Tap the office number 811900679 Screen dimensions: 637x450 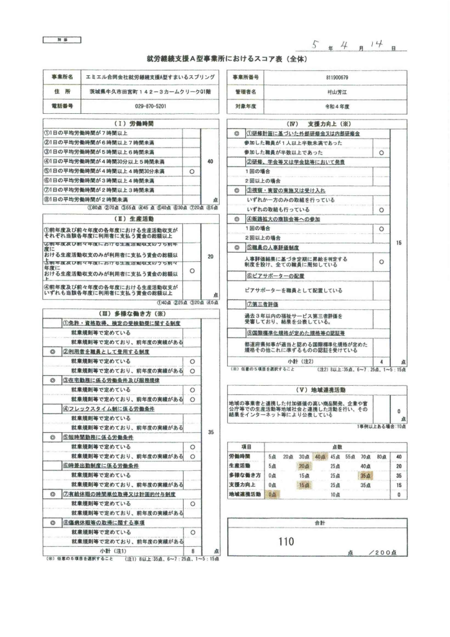coord(337,77)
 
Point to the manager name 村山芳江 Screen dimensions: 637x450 coord(337,91)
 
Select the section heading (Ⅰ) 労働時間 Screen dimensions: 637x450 coord(131,124)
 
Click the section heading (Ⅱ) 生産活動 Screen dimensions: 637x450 coord(131,218)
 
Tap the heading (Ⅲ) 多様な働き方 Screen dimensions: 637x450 coord(131,314)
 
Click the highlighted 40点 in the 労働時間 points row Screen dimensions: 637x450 coord(320,456)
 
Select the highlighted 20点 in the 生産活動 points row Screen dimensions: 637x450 coord(304,465)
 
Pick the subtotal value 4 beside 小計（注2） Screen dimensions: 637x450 coord(380,361)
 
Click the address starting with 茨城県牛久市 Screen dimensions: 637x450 coord(150,91)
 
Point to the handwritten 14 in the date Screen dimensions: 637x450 coord(377,44)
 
